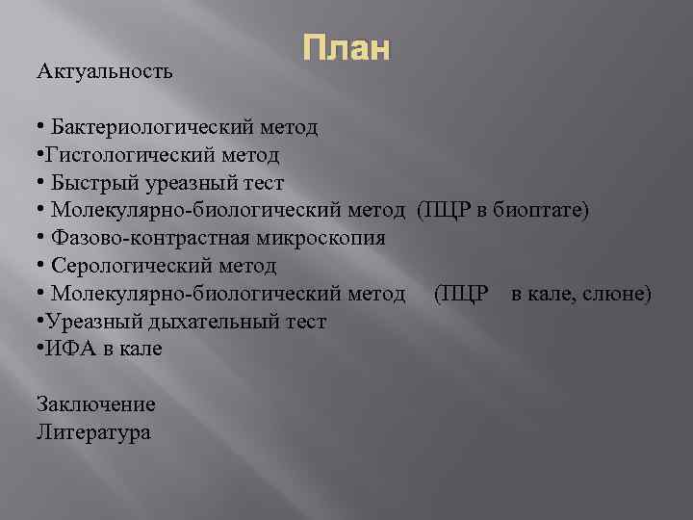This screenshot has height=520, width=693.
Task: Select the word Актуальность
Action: (105, 71)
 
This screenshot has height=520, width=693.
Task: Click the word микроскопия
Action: (317, 238)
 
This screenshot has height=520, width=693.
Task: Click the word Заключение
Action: (95, 404)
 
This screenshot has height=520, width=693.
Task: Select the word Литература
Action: (93, 432)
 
